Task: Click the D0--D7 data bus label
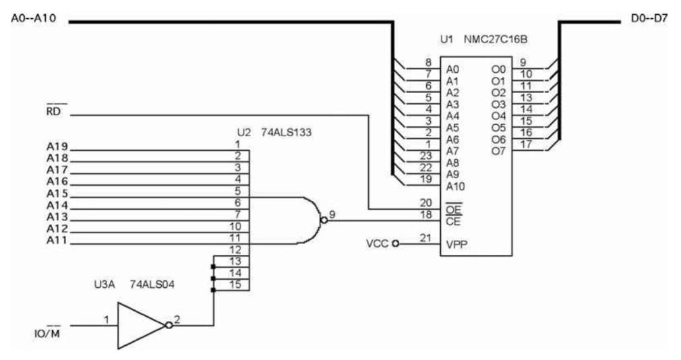(649, 20)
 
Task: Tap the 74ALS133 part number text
(286, 132)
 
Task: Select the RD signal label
(53, 112)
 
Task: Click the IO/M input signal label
(47, 332)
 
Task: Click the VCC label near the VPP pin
(378, 243)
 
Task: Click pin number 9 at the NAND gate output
(332, 214)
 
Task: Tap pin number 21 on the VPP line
(426, 238)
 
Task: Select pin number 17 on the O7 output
(527, 144)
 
